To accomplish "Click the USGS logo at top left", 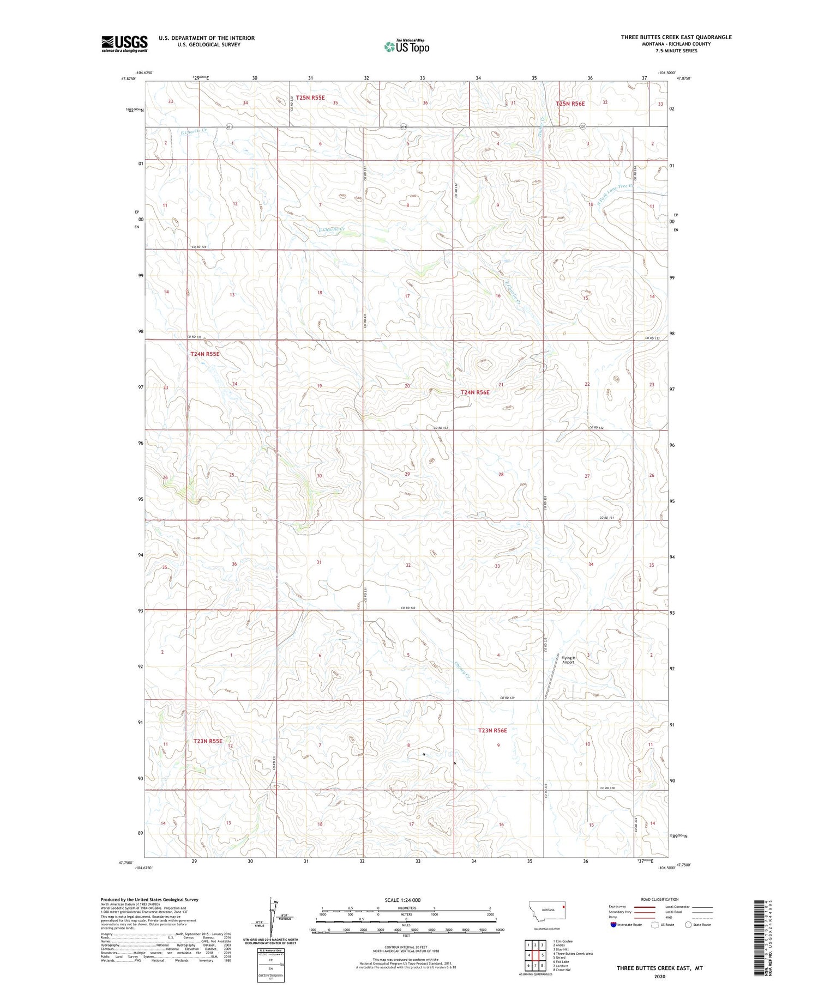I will [x=124, y=44].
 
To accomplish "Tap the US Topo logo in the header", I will [x=407, y=46].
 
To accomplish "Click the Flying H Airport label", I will [x=568, y=660].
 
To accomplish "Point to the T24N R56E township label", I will [x=475, y=392].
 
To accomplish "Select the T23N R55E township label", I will [x=208, y=741].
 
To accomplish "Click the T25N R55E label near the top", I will [x=310, y=98].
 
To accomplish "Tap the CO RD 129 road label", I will [x=508, y=699].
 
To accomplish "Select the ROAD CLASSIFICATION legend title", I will [x=660, y=900].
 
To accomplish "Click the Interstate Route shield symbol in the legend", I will [x=615, y=925].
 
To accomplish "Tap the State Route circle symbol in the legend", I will [x=688, y=925].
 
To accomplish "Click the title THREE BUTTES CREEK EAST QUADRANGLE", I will [x=676, y=37].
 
